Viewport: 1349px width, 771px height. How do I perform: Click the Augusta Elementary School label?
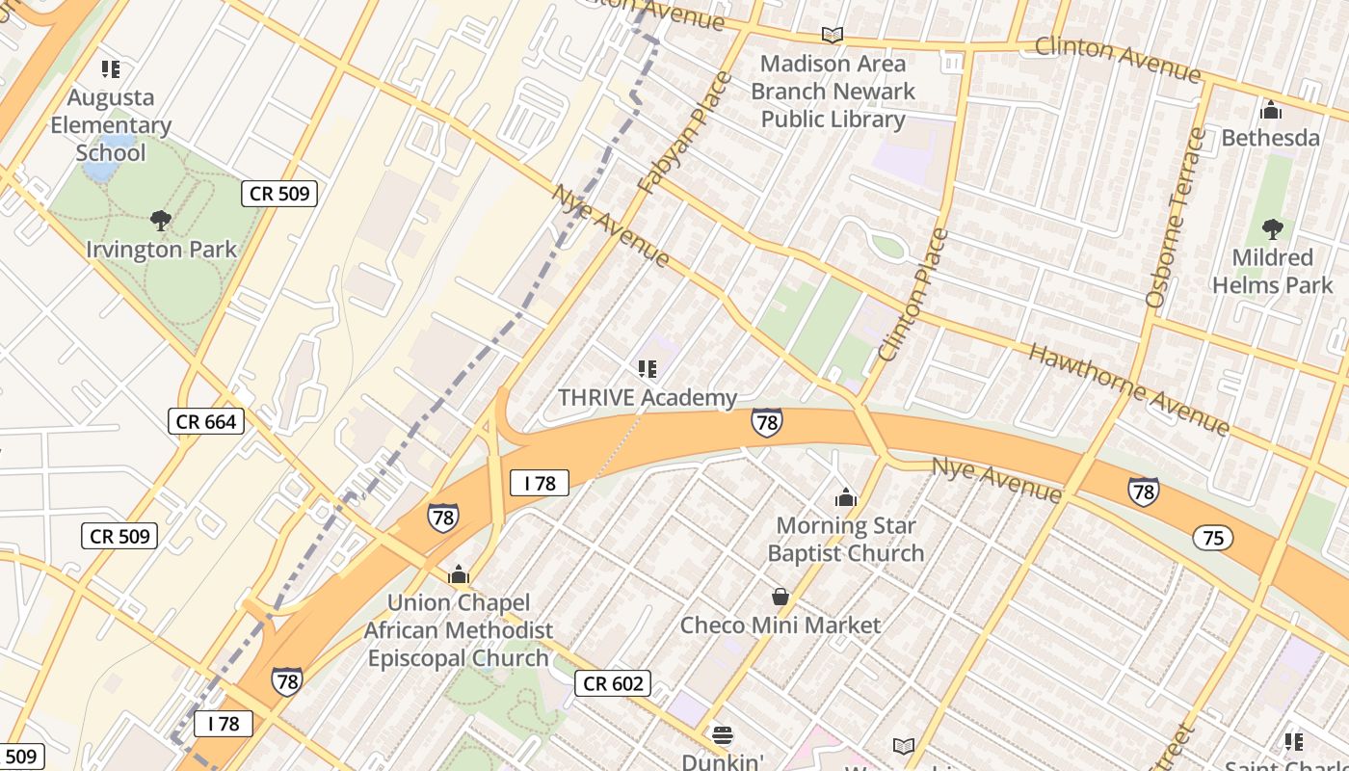[110, 125]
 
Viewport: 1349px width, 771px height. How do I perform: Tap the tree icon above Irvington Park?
[161, 221]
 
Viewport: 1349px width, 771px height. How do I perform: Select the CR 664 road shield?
[206, 421]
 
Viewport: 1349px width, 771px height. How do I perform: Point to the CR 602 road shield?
[613, 684]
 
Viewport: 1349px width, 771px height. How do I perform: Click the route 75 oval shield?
[1212, 538]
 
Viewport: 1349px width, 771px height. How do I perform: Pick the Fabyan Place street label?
[685, 133]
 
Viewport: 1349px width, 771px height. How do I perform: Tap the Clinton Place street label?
[913, 295]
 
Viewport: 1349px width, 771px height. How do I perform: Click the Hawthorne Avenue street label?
[1128, 388]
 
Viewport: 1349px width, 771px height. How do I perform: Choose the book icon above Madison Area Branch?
[833, 36]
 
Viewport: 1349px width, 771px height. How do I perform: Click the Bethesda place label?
[1270, 138]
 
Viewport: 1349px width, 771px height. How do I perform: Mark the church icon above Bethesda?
[1270, 110]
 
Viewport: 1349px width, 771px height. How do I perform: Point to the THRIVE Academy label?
[648, 397]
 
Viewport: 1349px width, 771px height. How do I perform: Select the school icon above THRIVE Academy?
[648, 368]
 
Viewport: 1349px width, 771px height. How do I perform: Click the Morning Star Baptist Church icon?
[845, 497]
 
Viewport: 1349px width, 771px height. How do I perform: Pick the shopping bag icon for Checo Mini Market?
[780, 598]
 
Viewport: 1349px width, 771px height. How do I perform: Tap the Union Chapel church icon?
[459, 575]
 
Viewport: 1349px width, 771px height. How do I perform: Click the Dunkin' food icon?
[723, 735]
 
